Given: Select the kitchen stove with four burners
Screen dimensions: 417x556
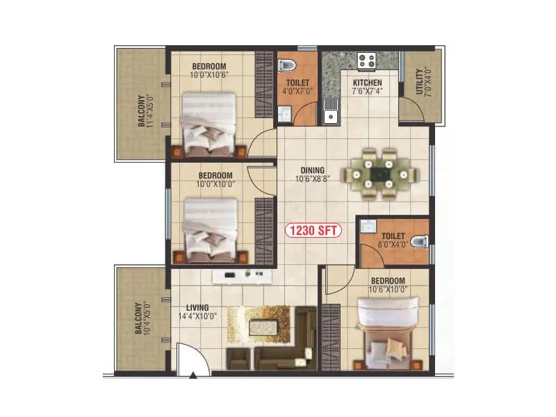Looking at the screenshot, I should [368, 61].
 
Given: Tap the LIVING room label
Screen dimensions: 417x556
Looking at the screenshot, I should [197, 307].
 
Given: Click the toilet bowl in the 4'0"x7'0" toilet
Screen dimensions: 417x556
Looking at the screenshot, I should [286, 66].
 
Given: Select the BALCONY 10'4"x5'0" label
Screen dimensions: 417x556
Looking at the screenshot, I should [144, 318].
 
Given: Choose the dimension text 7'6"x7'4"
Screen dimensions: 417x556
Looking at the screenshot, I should [367, 90].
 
